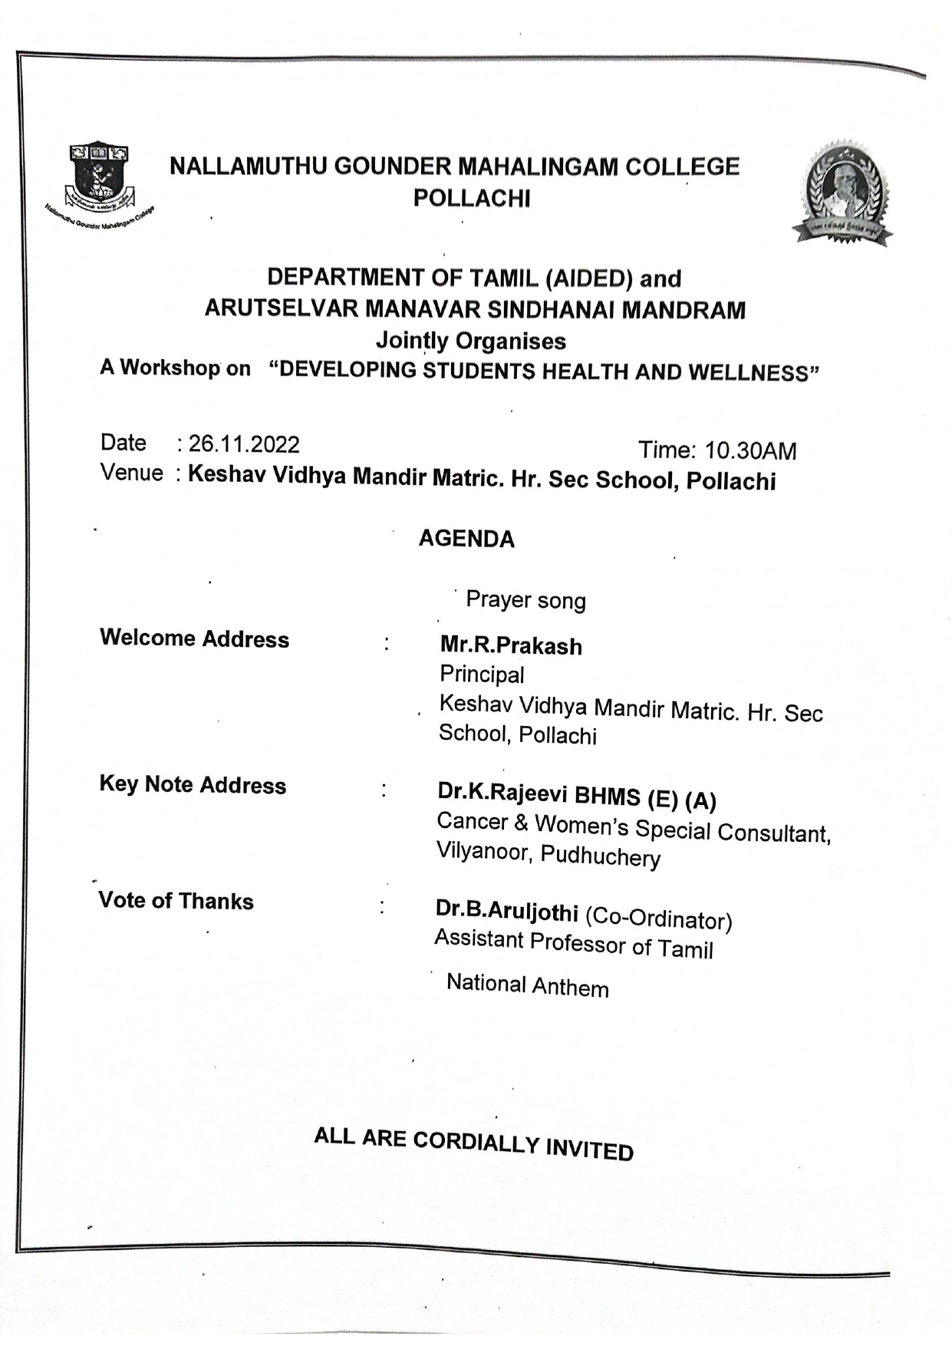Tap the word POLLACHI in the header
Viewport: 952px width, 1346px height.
[472, 198]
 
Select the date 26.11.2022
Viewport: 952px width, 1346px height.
[244, 444]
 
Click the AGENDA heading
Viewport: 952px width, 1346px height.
[466, 539]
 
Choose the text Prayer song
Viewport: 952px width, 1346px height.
[525, 600]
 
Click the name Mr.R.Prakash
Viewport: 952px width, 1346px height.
[511, 646]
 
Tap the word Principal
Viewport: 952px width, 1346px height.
[482, 675]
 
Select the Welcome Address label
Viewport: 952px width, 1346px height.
[194, 638]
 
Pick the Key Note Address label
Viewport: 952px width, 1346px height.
[193, 784]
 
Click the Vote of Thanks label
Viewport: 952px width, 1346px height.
[176, 900]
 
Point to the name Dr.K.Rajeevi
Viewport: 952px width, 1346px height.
[502, 793]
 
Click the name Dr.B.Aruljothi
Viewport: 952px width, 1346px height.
[506, 911]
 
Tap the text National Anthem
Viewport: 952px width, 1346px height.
[528, 985]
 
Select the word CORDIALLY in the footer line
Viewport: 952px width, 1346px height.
[476, 1143]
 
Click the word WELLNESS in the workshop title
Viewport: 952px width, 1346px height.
[753, 373]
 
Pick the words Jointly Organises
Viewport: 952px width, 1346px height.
[471, 341]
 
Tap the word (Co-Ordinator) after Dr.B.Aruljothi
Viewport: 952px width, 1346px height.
[658, 919]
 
